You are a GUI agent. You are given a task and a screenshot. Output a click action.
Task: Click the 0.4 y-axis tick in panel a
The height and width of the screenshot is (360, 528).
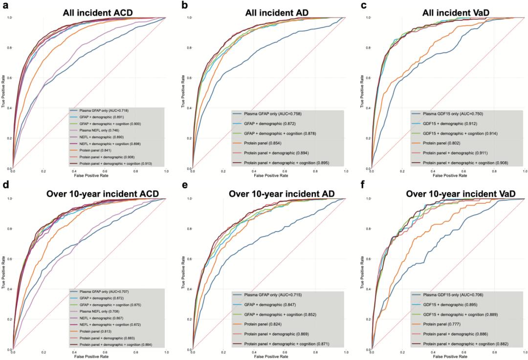pos(10,108)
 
